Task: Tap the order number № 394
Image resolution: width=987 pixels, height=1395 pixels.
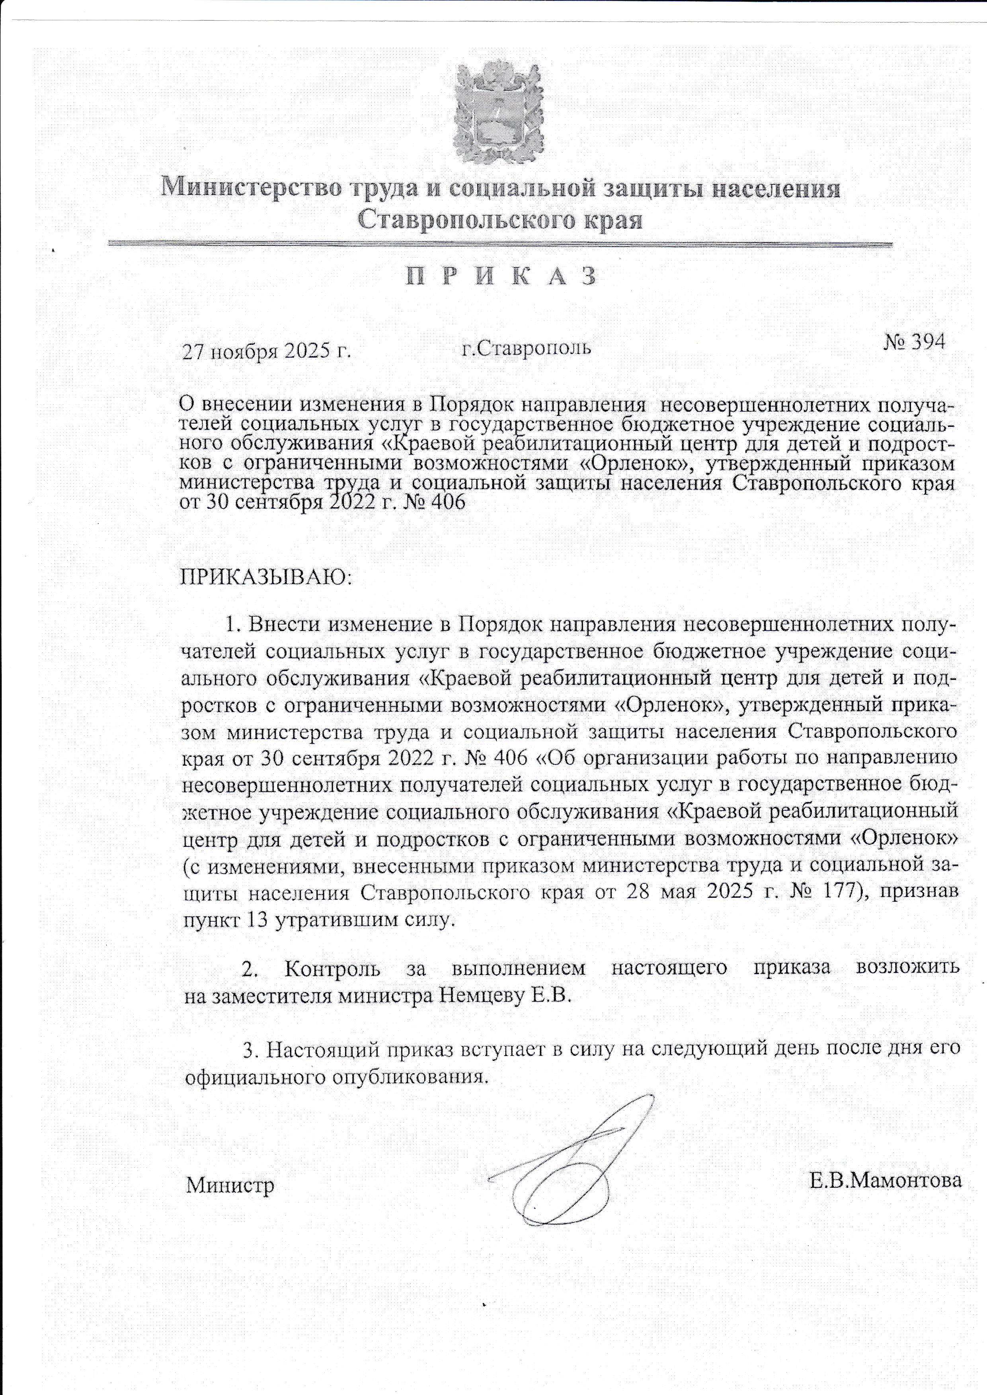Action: point(913,342)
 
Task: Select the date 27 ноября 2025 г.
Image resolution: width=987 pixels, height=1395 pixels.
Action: point(267,352)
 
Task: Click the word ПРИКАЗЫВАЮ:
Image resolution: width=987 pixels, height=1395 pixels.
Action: point(265,575)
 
